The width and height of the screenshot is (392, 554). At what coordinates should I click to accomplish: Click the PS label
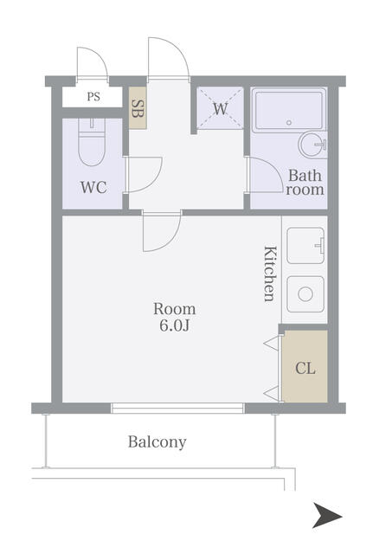tap(93, 97)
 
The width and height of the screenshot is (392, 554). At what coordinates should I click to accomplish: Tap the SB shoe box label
tap(138, 108)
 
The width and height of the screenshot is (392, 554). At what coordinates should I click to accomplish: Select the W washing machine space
tap(220, 109)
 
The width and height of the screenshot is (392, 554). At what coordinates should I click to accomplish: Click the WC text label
tap(93, 187)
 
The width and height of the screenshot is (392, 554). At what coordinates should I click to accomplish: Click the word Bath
tap(305, 173)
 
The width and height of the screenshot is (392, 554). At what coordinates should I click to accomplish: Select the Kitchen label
tap(269, 274)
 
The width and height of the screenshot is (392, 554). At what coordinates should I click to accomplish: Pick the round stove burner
tap(305, 293)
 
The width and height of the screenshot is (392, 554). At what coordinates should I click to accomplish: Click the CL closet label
tap(305, 367)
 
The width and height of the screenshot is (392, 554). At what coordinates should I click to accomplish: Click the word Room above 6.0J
tap(174, 309)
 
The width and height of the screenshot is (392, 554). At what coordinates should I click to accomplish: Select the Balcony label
tap(157, 442)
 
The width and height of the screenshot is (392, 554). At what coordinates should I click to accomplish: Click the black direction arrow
tap(327, 517)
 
